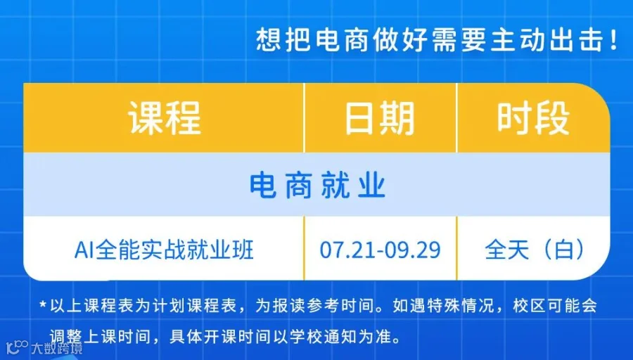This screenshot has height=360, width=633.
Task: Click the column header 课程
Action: (165, 118)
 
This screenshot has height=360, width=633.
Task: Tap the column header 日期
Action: (380, 118)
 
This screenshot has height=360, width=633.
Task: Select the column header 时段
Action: (533, 118)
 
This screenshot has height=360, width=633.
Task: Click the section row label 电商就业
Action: (317, 186)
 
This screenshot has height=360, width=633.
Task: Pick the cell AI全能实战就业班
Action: (164, 250)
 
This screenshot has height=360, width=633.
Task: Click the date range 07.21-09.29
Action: (380, 250)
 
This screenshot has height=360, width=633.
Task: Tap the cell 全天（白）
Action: (534, 250)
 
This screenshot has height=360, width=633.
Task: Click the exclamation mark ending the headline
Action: (613, 40)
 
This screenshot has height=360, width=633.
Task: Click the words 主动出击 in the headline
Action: (547, 40)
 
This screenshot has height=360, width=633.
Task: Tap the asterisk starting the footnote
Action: (43, 304)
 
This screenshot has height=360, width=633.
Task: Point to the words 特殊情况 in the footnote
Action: (461, 306)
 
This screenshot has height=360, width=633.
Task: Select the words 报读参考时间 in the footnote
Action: (324, 306)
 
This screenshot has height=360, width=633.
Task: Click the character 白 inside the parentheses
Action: (564, 250)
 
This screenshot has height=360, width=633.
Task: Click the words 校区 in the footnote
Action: (529, 306)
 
